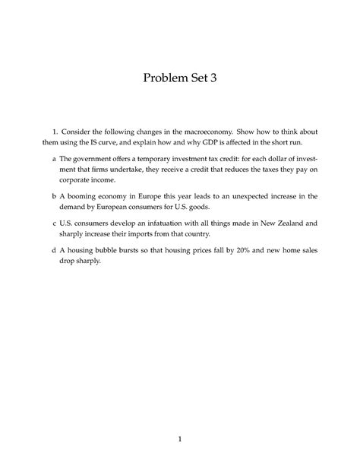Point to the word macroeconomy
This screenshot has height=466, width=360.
220,131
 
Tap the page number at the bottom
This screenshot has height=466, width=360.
180,438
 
